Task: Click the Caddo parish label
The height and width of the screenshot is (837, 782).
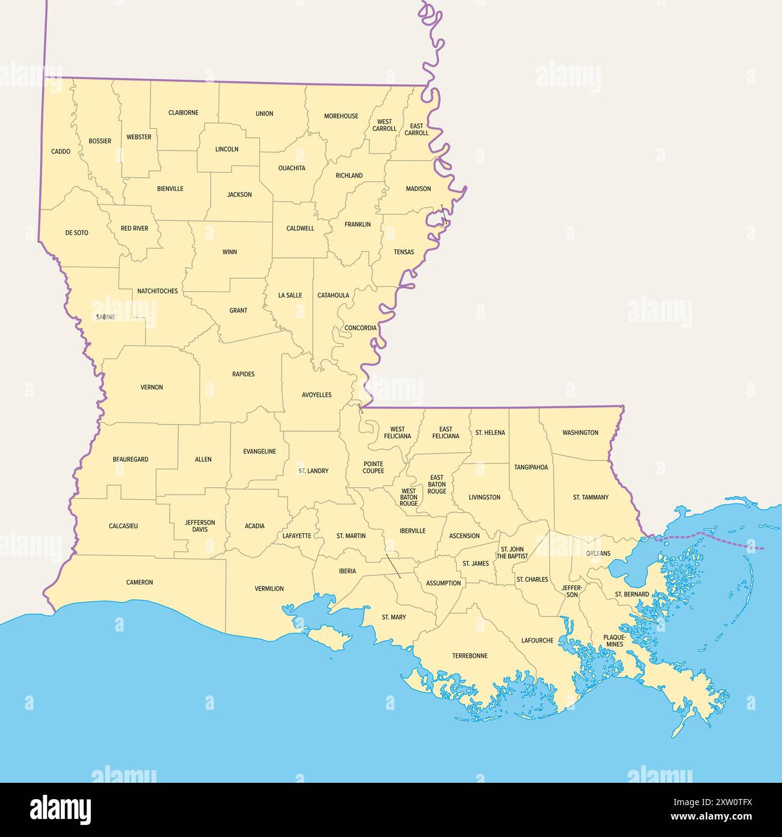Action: (x=61, y=152)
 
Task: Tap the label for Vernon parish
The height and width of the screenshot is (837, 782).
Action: (x=152, y=387)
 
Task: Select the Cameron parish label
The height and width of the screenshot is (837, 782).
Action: (x=140, y=582)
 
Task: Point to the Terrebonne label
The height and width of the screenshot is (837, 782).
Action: (x=470, y=656)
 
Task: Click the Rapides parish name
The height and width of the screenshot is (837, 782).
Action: (x=243, y=374)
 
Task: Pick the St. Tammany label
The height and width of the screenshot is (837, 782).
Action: (x=590, y=497)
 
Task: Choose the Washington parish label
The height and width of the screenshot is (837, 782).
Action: (x=580, y=432)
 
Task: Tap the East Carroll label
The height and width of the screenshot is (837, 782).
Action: (x=416, y=129)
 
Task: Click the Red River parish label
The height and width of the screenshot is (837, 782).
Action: (x=134, y=229)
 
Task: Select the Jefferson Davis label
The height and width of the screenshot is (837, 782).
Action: (x=200, y=526)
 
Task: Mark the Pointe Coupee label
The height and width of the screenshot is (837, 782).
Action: (x=373, y=467)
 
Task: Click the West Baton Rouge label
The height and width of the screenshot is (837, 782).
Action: (x=408, y=497)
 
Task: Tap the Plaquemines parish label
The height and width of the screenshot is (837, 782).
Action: (x=615, y=640)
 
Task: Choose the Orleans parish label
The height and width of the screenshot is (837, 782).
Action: (x=598, y=553)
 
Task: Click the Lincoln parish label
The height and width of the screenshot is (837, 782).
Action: (x=227, y=149)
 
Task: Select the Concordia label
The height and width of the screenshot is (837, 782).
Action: (x=360, y=328)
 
